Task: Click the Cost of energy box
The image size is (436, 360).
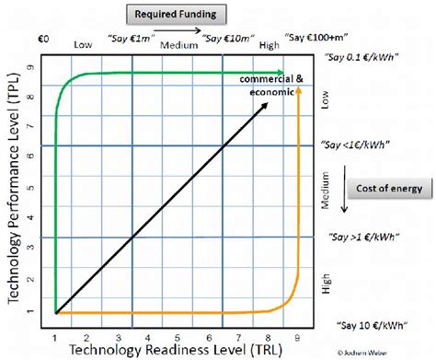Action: [390, 189]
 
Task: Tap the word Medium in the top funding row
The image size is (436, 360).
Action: [176, 44]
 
